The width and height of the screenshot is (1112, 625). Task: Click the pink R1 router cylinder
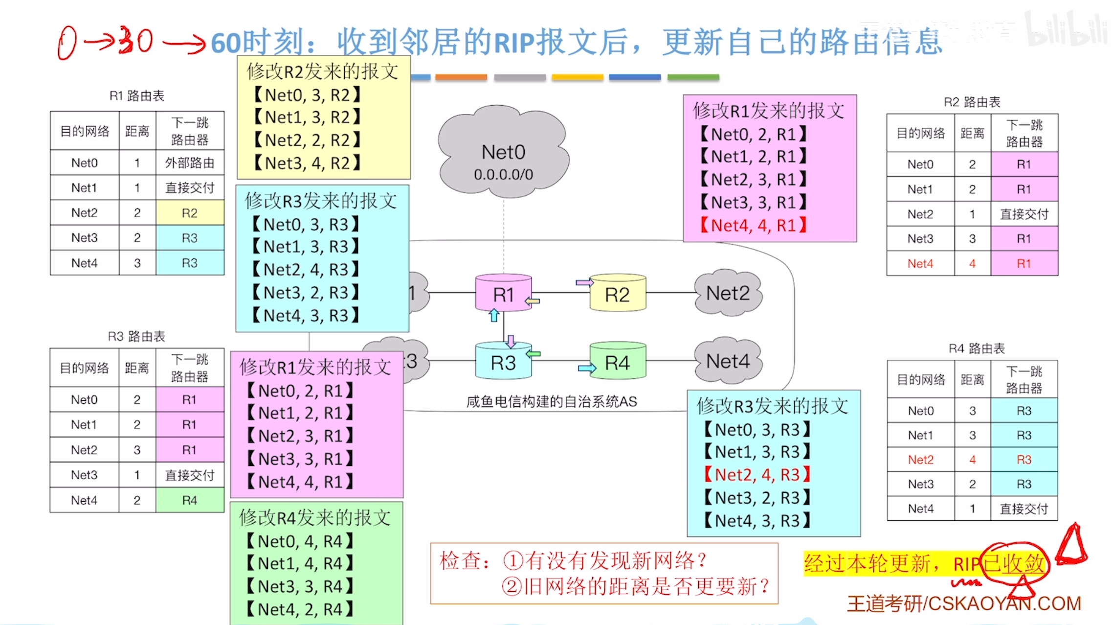tap(503, 294)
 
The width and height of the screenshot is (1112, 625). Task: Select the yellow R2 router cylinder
tap(617, 294)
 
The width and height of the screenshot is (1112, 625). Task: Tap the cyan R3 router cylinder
tap(503, 363)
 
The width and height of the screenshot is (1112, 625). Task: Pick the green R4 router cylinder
tap(617, 363)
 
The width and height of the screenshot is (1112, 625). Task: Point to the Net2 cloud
tap(728, 293)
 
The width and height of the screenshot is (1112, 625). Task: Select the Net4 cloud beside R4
tap(728, 361)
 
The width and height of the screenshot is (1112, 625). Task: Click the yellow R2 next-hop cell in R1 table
tap(190, 213)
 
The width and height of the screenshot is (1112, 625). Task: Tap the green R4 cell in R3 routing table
tap(190, 500)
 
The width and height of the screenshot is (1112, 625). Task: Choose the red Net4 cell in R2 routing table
tap(920, 264)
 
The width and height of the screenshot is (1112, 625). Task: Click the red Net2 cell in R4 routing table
tap(920, 460)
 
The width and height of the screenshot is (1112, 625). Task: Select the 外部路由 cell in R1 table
tap(190, 162)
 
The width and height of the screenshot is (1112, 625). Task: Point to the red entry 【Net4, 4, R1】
tap(754, 226)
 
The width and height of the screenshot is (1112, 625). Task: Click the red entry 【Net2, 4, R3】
tap(757, 475)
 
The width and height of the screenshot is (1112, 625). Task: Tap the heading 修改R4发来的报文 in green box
tap(315, 518)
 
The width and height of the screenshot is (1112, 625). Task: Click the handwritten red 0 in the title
tap(67, 43)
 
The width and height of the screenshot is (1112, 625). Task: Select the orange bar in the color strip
tap(461, 77)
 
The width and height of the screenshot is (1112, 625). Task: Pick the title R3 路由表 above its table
tap(136, 336)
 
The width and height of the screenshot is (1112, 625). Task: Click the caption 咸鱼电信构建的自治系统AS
tap(551, 402)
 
